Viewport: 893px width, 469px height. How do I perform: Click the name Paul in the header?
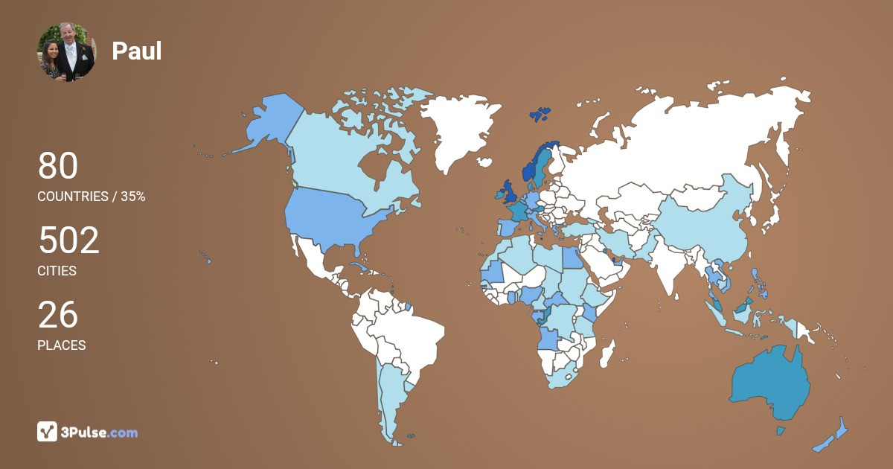[136, 51]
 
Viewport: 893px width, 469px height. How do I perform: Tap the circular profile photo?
[66, 51]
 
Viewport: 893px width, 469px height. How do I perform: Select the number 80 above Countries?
[57, 166]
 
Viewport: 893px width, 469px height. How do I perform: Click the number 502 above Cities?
[68, 241]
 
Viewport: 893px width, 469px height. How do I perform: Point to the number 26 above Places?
[57, 315]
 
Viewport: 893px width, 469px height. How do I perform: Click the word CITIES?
[57, 271]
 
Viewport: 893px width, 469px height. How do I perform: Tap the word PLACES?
[61, 345]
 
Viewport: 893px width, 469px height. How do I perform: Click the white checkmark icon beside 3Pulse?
[48, 432]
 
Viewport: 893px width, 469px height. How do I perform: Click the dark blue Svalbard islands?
[540, 114]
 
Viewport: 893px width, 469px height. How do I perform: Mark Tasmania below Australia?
[781, 430]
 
